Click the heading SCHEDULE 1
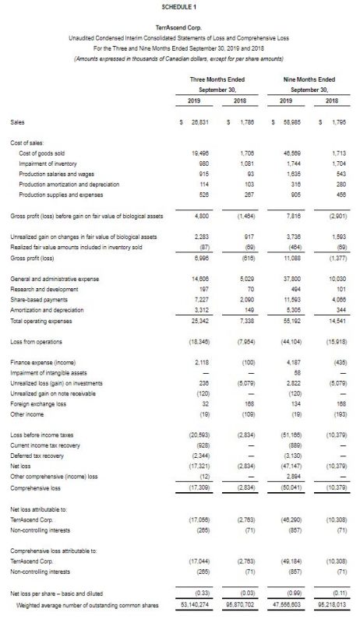point(179,6)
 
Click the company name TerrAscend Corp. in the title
point(179,26)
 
